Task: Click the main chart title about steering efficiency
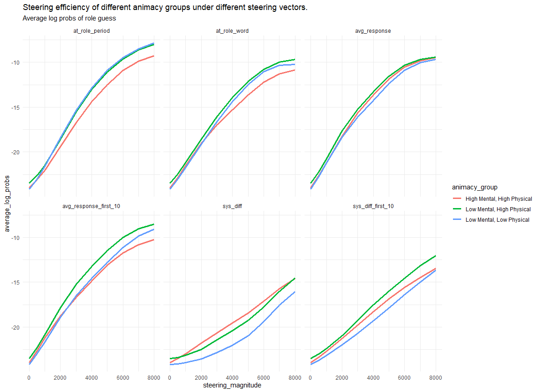pyautogui.click(x=165, y=8)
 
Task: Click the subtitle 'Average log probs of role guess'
pyautogui.click(x=69, y=19)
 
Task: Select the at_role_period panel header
pyautogui.click(x=91, y=31)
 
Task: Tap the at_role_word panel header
pyautogui.click(x=232, y=31)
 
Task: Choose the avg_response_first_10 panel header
pyautogui.click(x=91, y=206)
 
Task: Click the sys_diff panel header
pyautogui.click(x=232, y=206)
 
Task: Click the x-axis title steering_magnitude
pyautogui.click(x=232, y=385)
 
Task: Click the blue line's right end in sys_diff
pyautogui.click(x=295, y=292)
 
